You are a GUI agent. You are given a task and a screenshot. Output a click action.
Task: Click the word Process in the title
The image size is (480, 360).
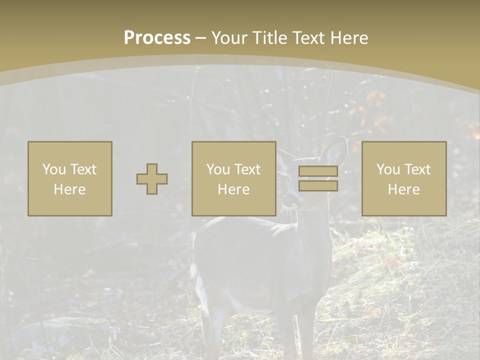click(x=157, y=38)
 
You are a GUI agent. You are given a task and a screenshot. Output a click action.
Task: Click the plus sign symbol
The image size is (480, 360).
click(x=152, y=179)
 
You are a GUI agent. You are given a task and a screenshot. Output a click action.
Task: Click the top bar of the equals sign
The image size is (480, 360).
click(x=318, y=171)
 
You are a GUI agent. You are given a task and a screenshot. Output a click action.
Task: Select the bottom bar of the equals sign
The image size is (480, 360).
click(x=318, y=186)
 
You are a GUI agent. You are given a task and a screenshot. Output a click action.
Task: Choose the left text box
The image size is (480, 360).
click(x=70, y=178)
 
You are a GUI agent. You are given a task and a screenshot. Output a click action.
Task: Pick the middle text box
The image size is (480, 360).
click(x=234, y=178)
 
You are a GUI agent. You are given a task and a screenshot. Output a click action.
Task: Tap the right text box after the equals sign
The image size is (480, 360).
click(x=404, y=178)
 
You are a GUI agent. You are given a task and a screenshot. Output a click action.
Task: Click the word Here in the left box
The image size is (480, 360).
click(x=70, y=189)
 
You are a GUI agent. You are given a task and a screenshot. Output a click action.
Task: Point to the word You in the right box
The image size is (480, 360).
click(x=387, y=169)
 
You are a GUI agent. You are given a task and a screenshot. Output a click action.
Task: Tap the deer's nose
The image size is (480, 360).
click(x=288, y=203)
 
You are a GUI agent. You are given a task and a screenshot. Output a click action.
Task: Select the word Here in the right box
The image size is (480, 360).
click(x=404, y=189)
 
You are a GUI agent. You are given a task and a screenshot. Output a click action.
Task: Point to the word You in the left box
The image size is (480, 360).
click(x=53, y=169)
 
